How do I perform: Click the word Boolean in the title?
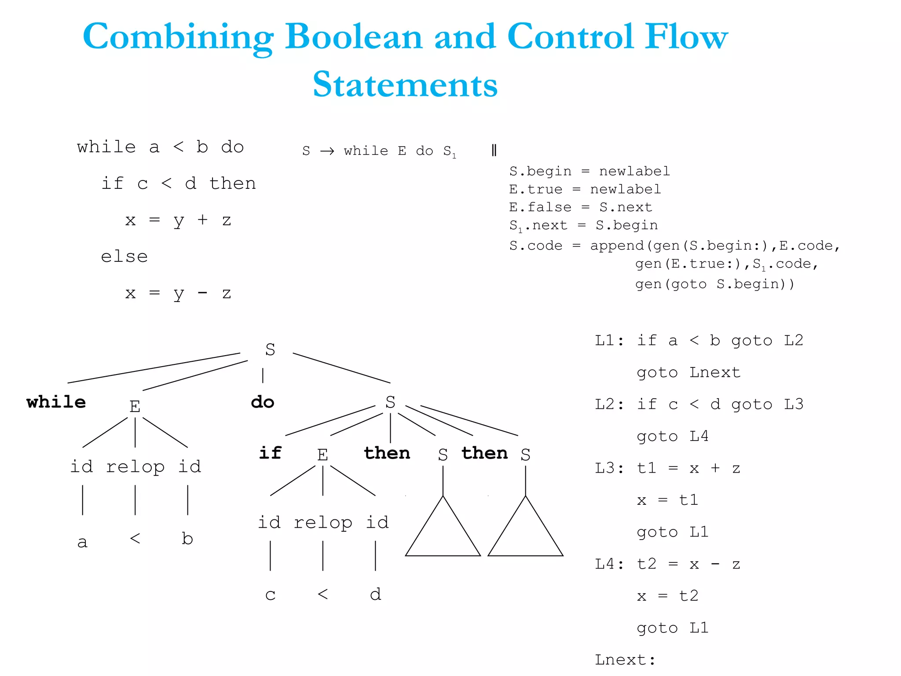354,37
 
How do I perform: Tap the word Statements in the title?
405,84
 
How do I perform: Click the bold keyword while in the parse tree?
56,402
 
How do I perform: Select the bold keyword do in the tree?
262,402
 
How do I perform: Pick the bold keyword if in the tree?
270,453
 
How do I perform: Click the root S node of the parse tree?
270,349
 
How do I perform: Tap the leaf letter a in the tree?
82,542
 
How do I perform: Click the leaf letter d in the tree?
375,594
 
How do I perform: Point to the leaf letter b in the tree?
187,539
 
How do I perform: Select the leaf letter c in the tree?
270,595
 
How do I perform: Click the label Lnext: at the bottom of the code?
625,660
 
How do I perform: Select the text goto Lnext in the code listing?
689,373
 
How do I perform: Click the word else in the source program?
124,257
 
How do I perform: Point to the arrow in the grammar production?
327,151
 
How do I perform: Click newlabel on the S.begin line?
634,171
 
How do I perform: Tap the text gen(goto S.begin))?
714,284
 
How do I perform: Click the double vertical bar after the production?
494,151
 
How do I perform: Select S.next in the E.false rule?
626,207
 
